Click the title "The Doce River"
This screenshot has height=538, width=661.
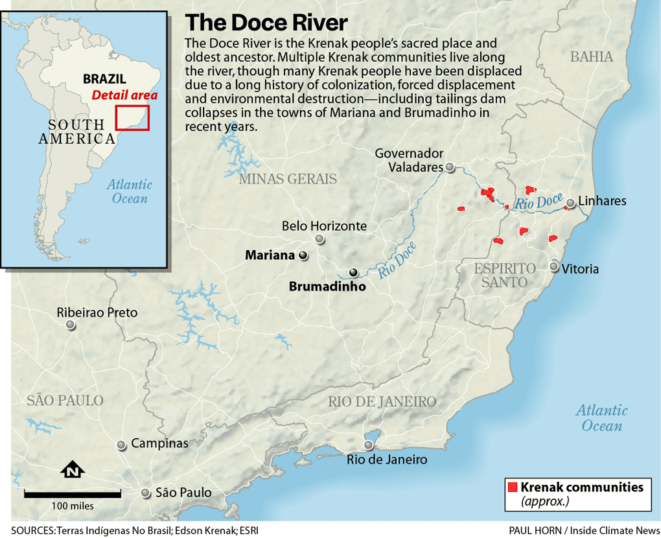(x=266, y=23)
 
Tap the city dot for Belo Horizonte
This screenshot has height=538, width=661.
(x=319, y=239)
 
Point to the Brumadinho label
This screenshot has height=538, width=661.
(x=327, y=287)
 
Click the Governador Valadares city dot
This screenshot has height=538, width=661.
(x=449, y=167)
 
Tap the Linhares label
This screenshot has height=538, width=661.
(x=602, y=201)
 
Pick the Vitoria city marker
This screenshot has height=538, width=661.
(x=554, y=266)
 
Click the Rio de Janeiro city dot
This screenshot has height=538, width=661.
(x=369, y=445)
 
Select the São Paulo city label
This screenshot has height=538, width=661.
(x=183, y=493)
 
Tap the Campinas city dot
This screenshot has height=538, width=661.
(x=121, y=445)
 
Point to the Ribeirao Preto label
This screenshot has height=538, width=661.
(x=97, y=312)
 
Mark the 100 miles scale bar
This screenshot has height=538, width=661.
(x=73, y=495)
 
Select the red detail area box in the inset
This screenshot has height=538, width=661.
(x=132, y=117)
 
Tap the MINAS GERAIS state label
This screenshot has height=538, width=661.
(x=288, y=179)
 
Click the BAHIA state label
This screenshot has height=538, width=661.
(x=591, y=57)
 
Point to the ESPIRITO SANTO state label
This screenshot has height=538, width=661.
(x=505, y=275)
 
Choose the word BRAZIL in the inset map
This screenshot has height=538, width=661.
(x=104, y=79)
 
